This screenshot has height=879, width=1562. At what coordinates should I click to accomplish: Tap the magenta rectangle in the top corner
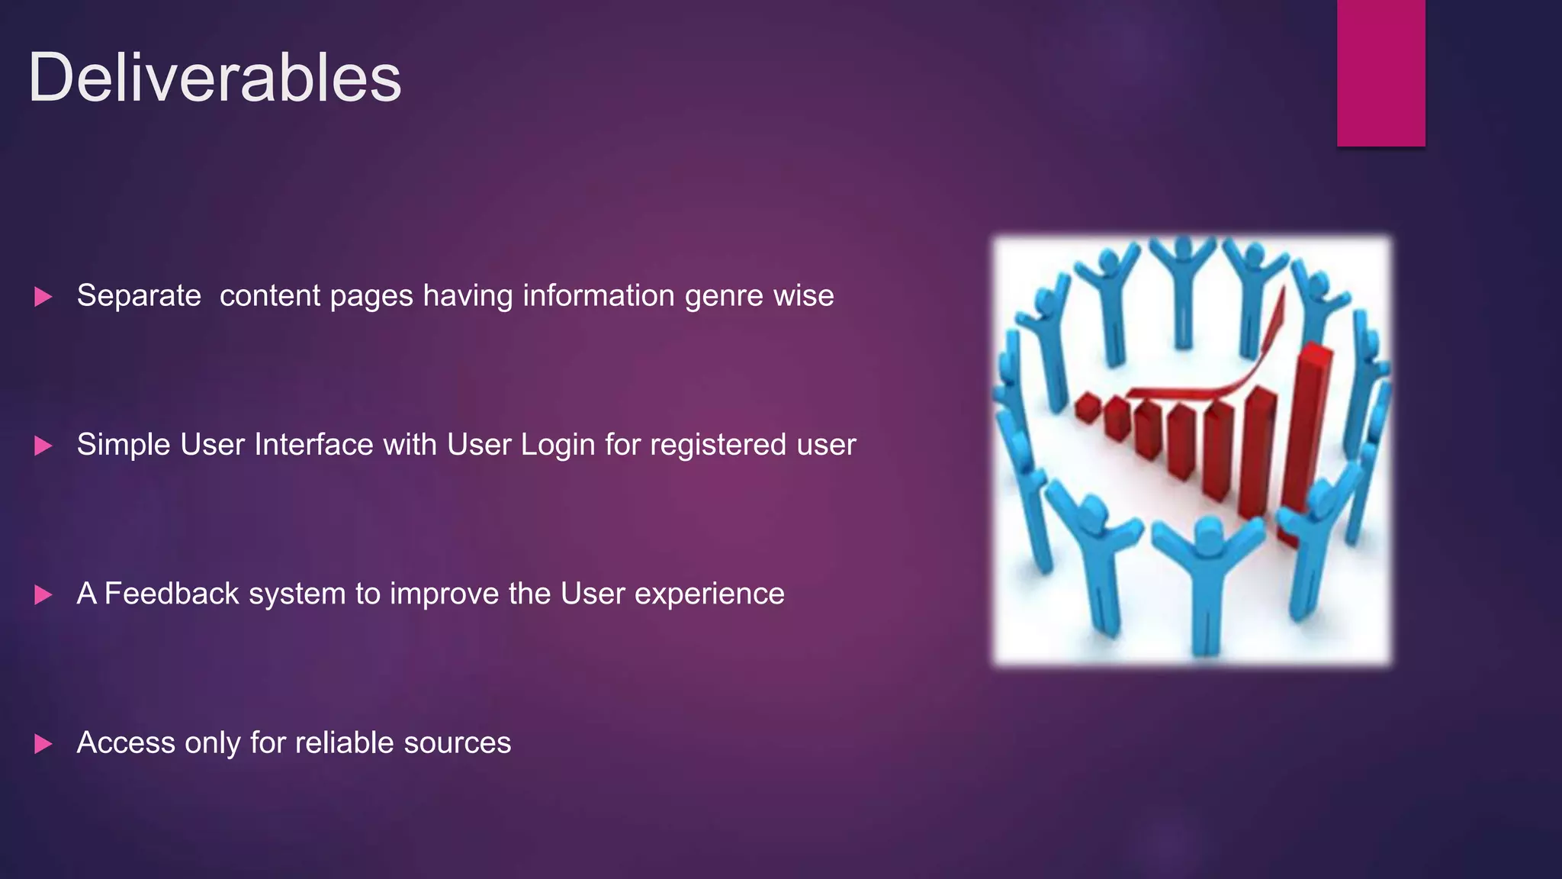1380,72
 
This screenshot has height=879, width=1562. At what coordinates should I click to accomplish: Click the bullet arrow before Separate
43,297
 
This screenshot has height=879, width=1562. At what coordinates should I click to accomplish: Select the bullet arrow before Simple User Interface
43,446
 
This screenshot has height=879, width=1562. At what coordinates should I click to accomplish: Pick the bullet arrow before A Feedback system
43,594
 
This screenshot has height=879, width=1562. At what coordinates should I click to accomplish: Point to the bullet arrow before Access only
43,744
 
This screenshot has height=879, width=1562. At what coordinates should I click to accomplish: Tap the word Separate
139,296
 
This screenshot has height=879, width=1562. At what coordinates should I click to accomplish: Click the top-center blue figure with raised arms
1183,290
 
